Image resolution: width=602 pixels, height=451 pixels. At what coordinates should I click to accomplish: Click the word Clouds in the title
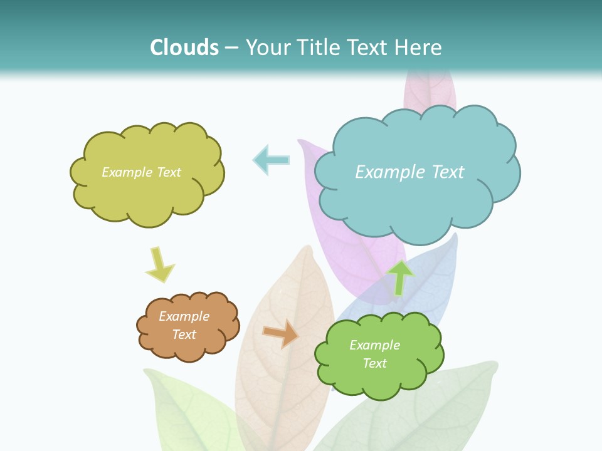coord(184,47)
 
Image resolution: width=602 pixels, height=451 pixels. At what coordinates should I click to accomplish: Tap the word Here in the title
coord(421,47)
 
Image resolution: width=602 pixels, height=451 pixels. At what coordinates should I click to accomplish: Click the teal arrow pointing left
coord(271,160)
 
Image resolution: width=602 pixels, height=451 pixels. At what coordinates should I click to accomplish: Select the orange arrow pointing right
coord(280,333)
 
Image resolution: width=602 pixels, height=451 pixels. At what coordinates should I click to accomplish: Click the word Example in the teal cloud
coord(391,172)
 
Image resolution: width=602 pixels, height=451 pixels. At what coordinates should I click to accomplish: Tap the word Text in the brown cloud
coord(184,334)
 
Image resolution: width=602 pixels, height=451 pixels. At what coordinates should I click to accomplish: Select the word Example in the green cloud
coord(374,345)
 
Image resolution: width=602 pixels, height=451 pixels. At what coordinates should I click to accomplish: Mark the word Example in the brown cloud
coord(184,316)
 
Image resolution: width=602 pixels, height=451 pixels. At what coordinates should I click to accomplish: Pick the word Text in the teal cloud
coord(448,172)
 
